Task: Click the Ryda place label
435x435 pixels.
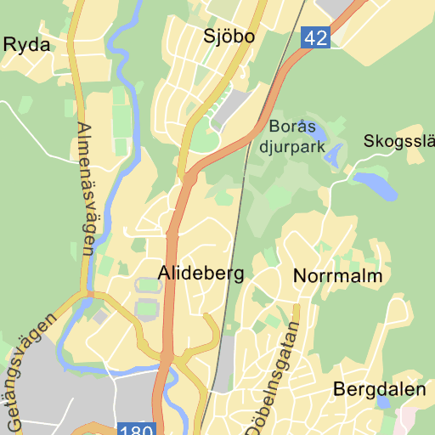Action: coord(26,45)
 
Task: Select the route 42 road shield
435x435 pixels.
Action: coord(315,37)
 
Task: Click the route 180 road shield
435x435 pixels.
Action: coord(137,430)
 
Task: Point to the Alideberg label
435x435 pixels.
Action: coord(201,274)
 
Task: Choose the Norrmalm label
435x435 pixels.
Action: coord(337,276)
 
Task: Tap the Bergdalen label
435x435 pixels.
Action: coord(379,390)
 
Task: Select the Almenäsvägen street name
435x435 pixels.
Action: coord(85,189)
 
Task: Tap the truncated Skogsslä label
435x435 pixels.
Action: coord(398,141)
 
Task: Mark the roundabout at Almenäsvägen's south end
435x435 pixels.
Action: coord(88,295)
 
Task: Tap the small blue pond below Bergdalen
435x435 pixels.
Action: coord(384,404)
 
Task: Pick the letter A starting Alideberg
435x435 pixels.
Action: coord(165,274)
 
